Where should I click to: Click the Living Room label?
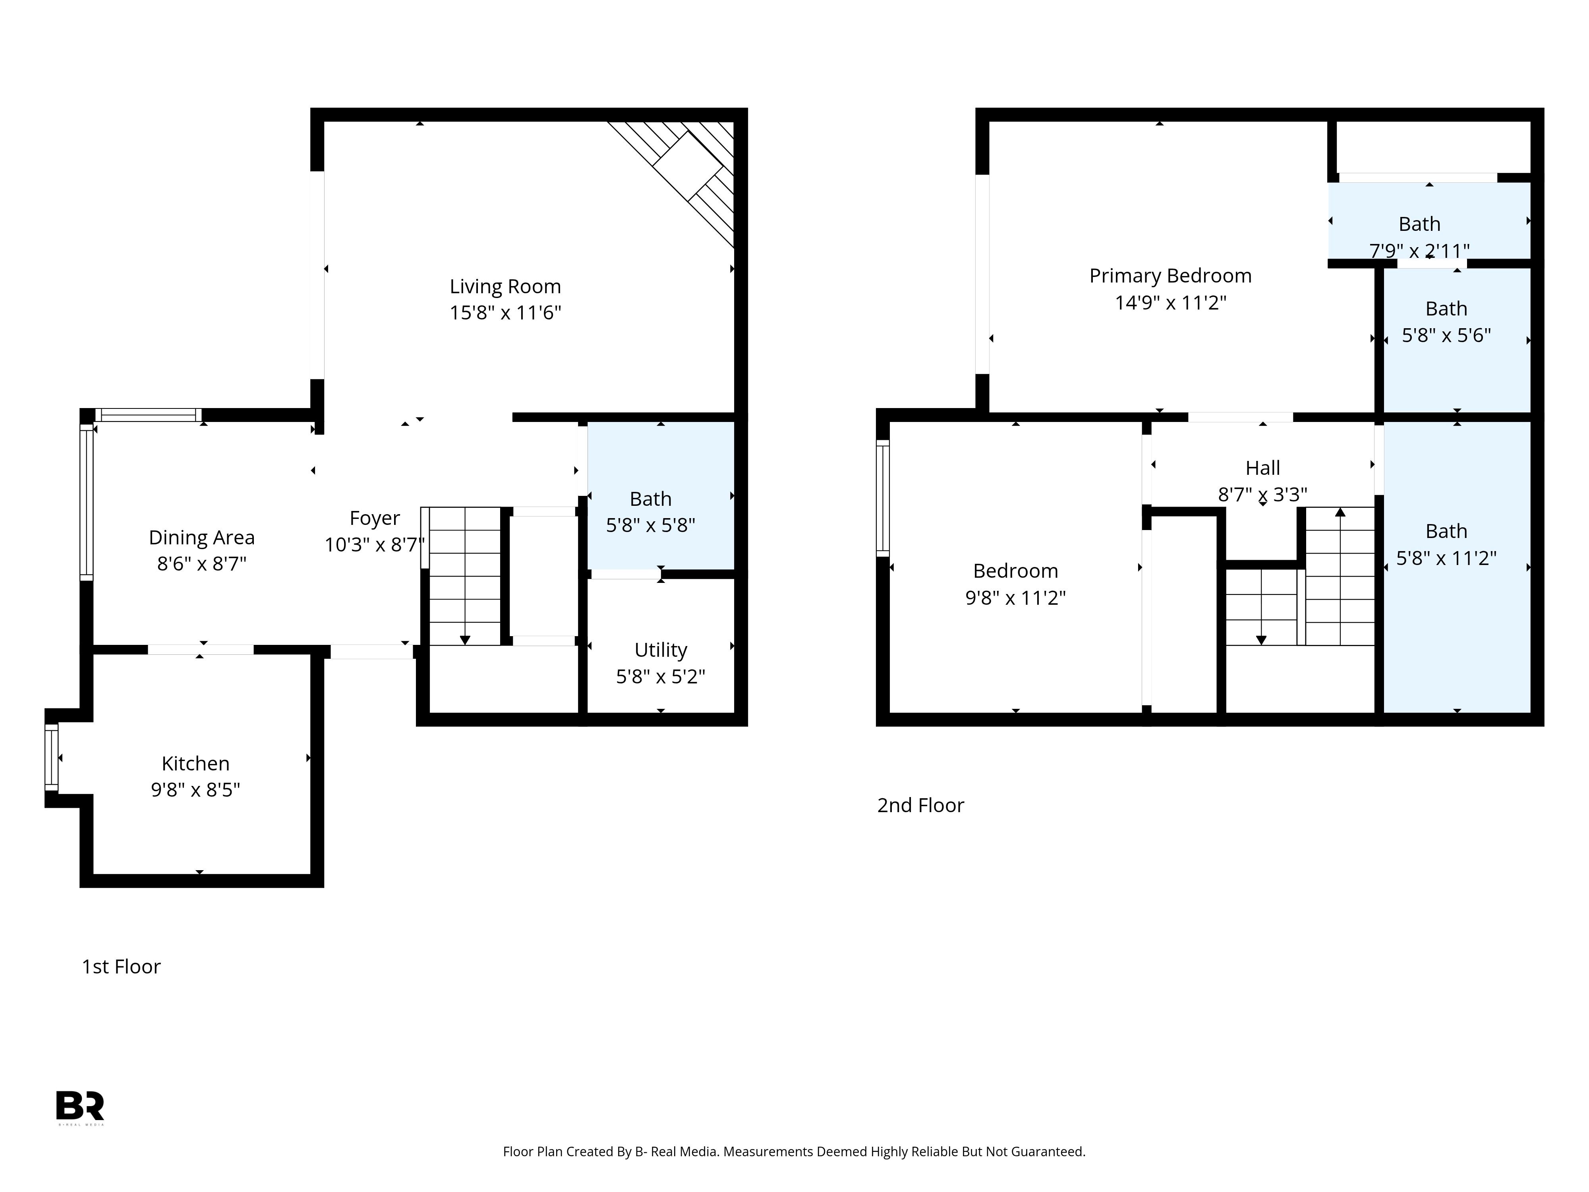coord(505,287)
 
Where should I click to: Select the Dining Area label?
coord(202,538)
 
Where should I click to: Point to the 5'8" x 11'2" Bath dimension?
coord(1446,558)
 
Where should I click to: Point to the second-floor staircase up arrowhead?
coord(1340,512)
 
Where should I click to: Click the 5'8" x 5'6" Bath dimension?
coord(1446,335)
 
